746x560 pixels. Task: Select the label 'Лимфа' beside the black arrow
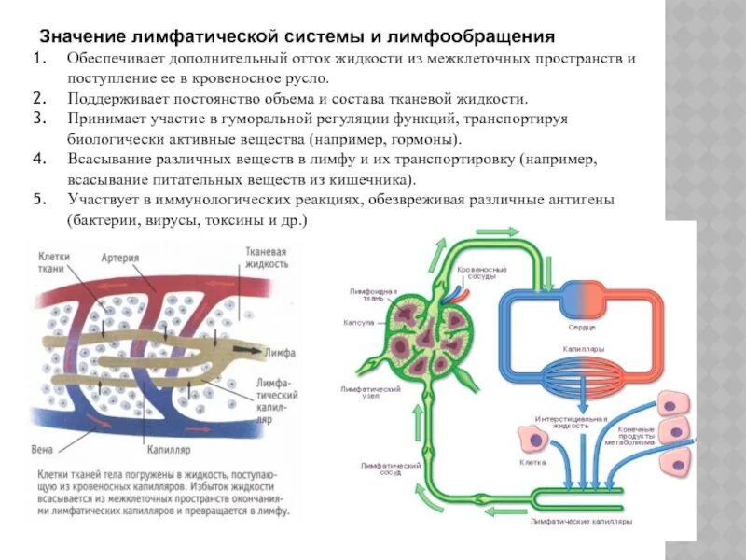coord(280,353)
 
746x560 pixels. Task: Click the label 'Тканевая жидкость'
coord(266,259)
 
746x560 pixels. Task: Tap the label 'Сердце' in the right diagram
coord(582,328)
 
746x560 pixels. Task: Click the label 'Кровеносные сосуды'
coord(482,273)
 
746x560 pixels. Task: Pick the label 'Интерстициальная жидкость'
coord(570,423)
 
